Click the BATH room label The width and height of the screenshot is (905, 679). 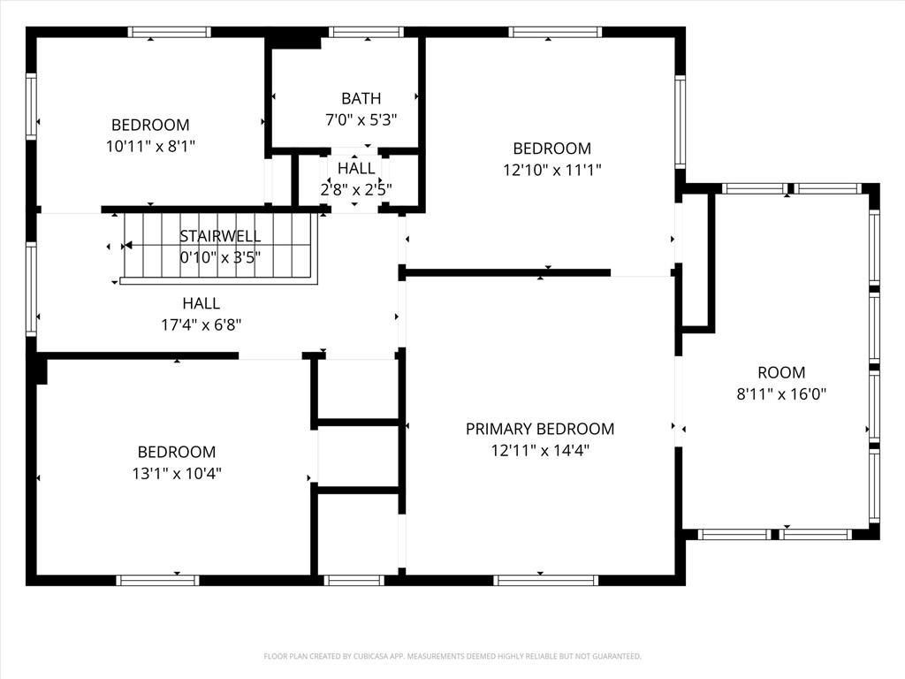[361, 99]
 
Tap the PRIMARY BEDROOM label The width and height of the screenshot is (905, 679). [540, 429]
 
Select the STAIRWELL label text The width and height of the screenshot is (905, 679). [220, 236]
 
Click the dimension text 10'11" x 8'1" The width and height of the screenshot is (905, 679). [150, 146]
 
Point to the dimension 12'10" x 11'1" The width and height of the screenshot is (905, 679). [552, 170]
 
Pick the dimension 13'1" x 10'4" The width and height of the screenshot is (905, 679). [177, 474]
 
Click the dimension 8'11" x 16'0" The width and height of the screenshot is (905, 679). [781, 394]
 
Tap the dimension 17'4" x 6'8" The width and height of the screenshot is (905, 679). [201, 325]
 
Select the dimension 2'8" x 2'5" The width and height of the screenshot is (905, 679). [356, 189]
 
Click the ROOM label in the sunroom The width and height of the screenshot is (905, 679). [781, 372]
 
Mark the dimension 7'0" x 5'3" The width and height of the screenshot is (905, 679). [361, 120]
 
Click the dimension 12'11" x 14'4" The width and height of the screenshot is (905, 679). [540, 450]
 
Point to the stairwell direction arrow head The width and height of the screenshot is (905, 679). [128, 246]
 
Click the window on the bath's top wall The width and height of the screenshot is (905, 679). [367, 32]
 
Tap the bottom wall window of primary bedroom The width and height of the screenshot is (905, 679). [545, 580]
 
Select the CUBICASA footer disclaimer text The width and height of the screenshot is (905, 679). [452, 657]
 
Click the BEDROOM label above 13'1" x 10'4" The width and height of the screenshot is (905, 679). [177, 452]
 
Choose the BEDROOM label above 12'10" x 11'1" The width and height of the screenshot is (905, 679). [552, 149]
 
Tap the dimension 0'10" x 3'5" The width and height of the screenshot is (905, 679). [220, 257]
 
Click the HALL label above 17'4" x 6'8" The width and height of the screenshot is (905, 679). [201, 304]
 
